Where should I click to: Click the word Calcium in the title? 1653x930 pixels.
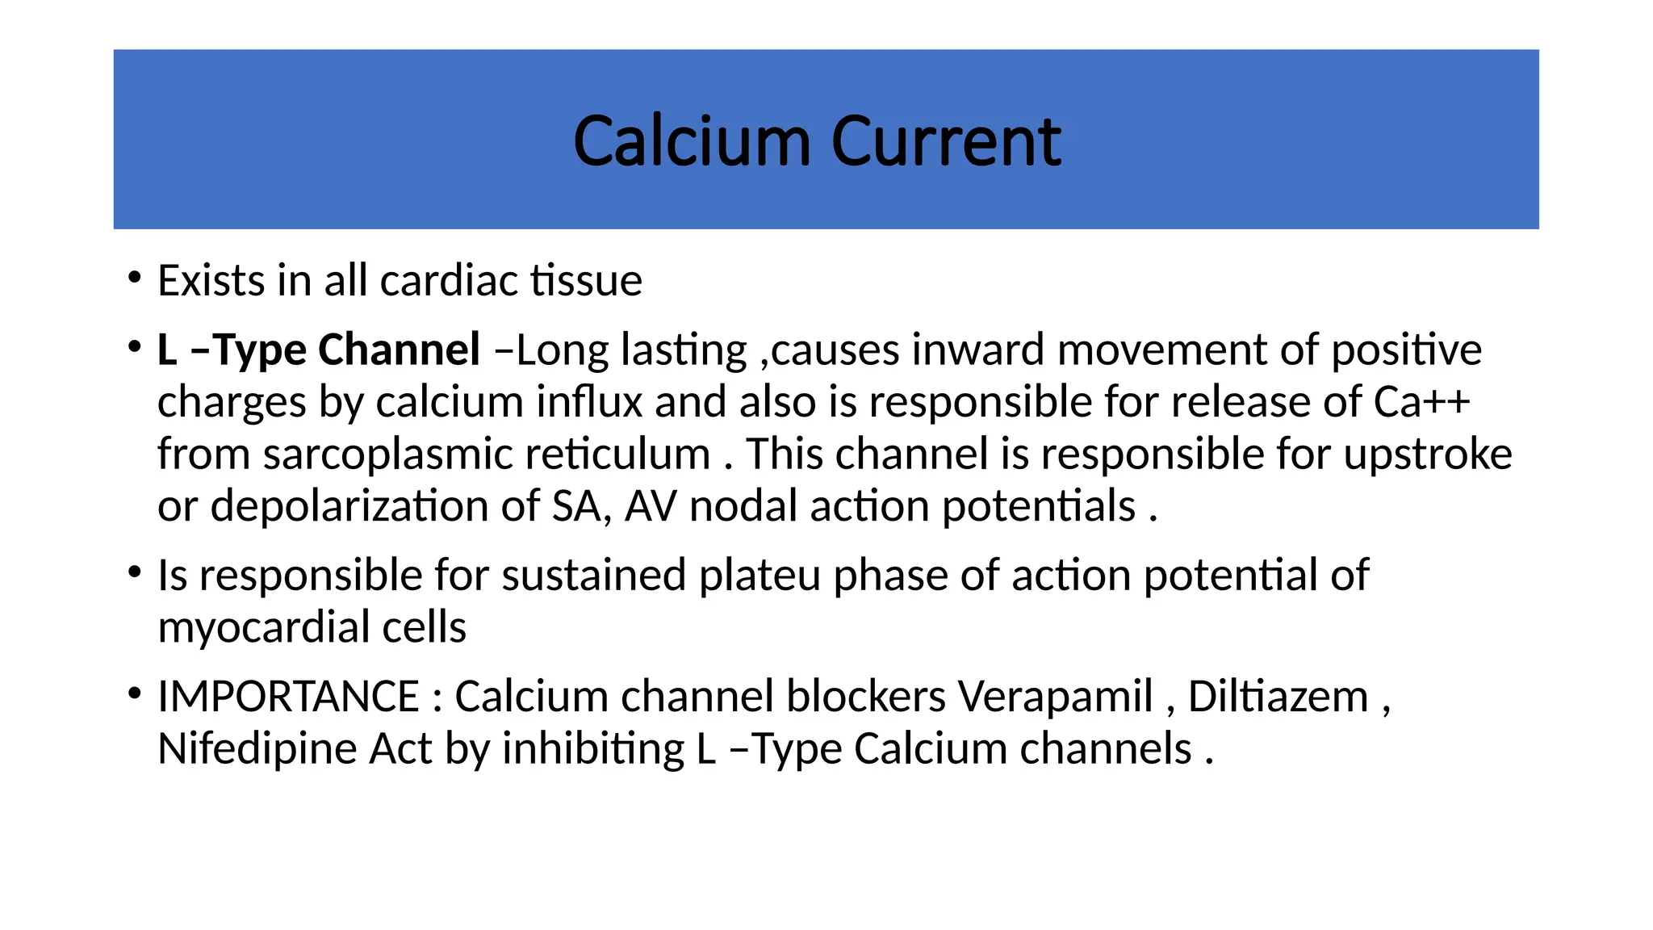[x=691, y=142]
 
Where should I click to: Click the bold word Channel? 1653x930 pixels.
[x=399, y=350]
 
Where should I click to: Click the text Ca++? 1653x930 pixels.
[x=1421, y=402]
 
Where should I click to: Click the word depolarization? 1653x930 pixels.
[x=349, y=507]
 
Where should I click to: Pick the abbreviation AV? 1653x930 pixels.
[x=651, y=507]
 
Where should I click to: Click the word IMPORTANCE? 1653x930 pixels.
[x=288, y=697]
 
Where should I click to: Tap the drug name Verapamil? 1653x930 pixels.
[x=1055, y=697]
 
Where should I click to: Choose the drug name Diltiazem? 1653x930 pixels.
[x=1278, y=697]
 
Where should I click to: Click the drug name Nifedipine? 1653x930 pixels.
[x=257, y=749]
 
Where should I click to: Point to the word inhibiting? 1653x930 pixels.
[x=593, y=749]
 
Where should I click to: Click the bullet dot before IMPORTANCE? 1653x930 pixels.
[x=134, y=693]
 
